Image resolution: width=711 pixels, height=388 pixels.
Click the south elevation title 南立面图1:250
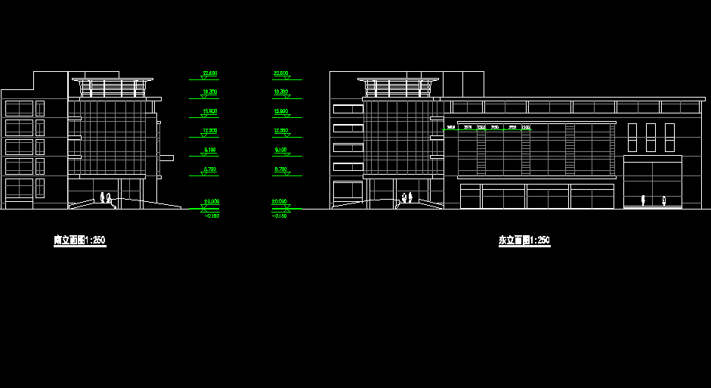79,241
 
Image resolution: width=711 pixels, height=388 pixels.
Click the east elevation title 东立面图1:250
524,241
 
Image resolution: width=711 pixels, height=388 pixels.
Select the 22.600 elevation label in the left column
210,73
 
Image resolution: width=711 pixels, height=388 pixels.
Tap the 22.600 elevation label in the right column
280,73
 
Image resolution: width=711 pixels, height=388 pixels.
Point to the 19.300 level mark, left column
210,92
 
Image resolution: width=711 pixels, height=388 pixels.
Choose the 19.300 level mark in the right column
280,92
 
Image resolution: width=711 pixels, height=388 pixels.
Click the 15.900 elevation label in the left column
210,111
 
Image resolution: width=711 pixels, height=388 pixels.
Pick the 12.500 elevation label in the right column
280,131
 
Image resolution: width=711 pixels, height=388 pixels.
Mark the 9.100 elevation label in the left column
210,150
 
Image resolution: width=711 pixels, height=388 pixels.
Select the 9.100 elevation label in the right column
280,150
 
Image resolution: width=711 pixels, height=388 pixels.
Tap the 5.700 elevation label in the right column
280,169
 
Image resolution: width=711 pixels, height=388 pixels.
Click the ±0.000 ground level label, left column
210,202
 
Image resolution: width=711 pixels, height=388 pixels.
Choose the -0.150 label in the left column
212,216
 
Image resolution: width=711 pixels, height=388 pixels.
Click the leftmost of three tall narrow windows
632,137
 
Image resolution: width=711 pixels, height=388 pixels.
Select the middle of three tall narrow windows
651,137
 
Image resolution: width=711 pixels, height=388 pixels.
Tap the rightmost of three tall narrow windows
669,137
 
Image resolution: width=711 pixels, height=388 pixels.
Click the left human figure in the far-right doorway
643,200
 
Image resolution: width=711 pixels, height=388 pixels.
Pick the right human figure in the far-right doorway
664,200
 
